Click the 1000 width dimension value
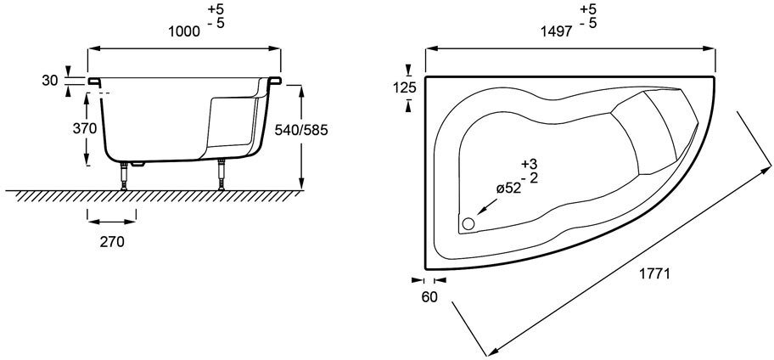point(184,31)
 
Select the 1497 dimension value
point(557,31)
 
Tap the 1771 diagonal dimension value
point(653,274)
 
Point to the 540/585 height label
point(301,130)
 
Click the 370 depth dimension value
point(84,128)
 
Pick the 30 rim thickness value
point(50,81)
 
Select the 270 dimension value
point(112,242)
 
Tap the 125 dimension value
point(405,88)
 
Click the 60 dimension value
point(429,298)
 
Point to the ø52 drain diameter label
point(508,188)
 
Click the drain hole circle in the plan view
point(468,223)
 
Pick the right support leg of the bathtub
point(222,174)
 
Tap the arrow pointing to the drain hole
point(486,206)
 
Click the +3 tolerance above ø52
point(530,165)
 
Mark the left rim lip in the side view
point(94,81)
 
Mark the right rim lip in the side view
point(275,80)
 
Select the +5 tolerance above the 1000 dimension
point(216,8)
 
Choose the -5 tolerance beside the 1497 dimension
point(588,23)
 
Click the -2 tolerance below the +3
point(530,177)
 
